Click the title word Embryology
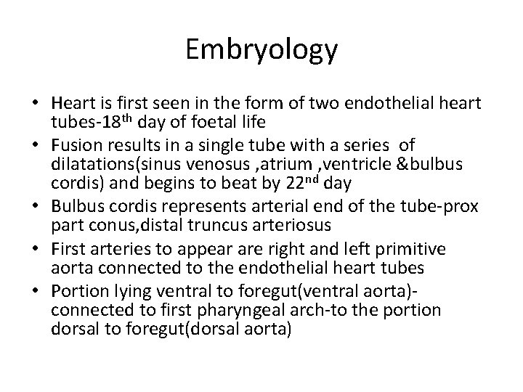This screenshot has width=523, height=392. (x=261, y=49)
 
